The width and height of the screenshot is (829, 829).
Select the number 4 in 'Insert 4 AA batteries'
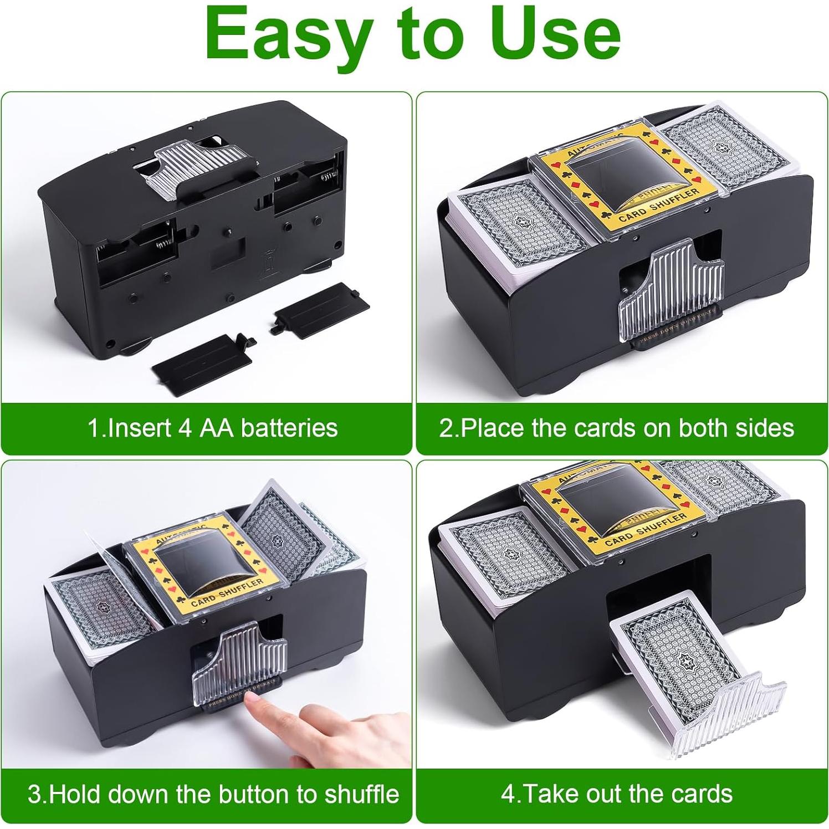[185, 428]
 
